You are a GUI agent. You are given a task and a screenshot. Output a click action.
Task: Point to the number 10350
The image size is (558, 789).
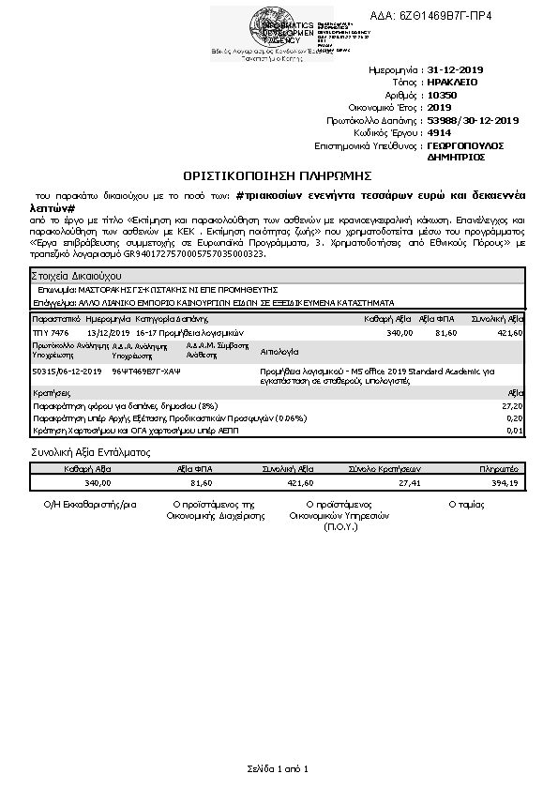442,95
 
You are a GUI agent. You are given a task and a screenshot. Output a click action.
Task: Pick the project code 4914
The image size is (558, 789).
439,133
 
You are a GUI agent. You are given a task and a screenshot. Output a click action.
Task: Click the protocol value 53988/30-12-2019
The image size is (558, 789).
473,120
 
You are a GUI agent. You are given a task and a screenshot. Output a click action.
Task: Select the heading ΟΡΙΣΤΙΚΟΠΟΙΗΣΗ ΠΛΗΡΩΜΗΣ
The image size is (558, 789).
279,175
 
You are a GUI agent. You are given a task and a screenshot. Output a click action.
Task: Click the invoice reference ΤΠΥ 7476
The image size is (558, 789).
51,333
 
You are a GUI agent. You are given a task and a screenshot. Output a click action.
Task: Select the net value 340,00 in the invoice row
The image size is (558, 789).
400,333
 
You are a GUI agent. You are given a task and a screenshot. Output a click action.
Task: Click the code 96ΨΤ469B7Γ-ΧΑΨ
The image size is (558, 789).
145,372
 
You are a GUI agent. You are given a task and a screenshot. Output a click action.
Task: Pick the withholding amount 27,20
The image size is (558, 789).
513,404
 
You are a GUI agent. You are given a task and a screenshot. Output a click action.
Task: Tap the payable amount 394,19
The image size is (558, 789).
505,482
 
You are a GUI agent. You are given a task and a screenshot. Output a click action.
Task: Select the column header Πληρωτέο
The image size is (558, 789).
498,467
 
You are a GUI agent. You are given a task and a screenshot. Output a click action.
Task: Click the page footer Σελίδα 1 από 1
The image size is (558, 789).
279,768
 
